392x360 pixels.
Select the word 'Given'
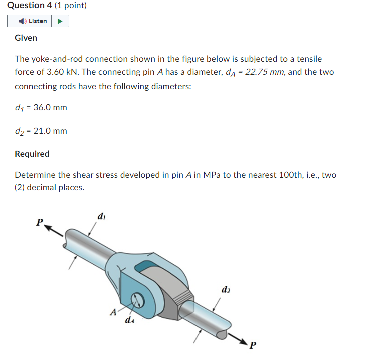click(26, 38)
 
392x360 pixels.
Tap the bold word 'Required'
click(32, 154)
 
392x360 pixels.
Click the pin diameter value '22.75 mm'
click(265, 72)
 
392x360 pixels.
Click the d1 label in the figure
click(102, 217)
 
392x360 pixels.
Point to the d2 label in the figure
click(226, 290)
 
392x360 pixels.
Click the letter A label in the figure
click(113, 312)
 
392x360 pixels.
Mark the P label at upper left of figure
click(39, 222)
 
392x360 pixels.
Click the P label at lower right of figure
click(253, 345)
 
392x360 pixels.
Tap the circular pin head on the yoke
click(137, 300)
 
